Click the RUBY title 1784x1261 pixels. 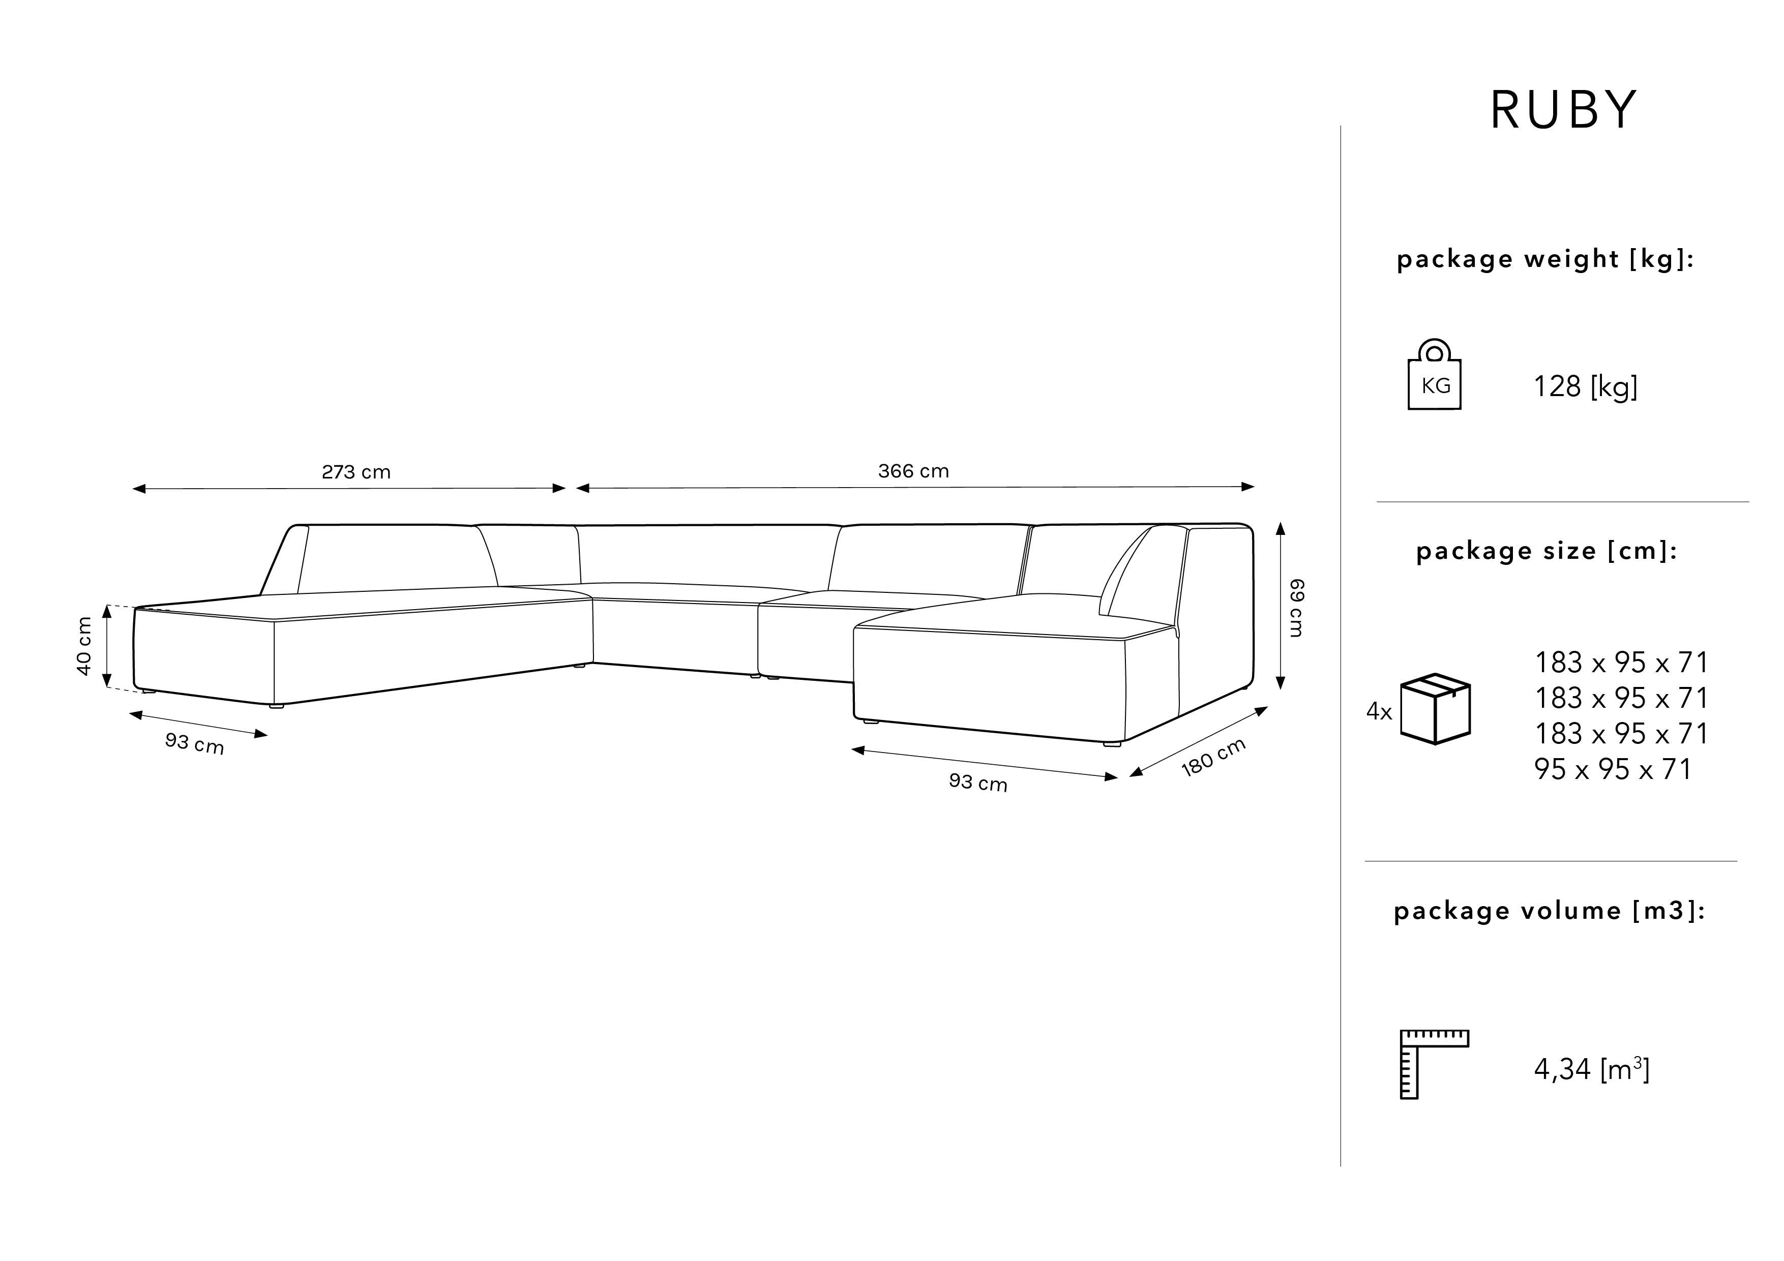1563,110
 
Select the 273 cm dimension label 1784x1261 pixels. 356,472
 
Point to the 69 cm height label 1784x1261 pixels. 1296,608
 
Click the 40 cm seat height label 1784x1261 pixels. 84,646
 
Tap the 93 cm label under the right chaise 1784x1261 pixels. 977,783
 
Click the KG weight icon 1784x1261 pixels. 1434,375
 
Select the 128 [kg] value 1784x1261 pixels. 1585,386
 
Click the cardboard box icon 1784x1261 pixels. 1435,709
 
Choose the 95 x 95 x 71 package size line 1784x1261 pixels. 1612,769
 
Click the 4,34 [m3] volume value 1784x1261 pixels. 1591,1070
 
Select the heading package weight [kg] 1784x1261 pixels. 1544,259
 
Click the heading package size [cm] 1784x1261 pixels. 1546,551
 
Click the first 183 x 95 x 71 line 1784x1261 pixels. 1621,663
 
